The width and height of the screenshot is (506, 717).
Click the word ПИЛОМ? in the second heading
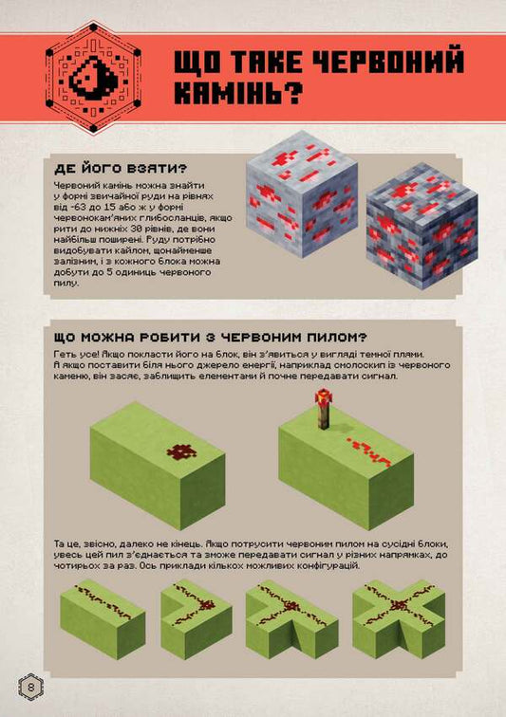coord(335,338)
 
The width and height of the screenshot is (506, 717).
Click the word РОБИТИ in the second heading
coord(153,338)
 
